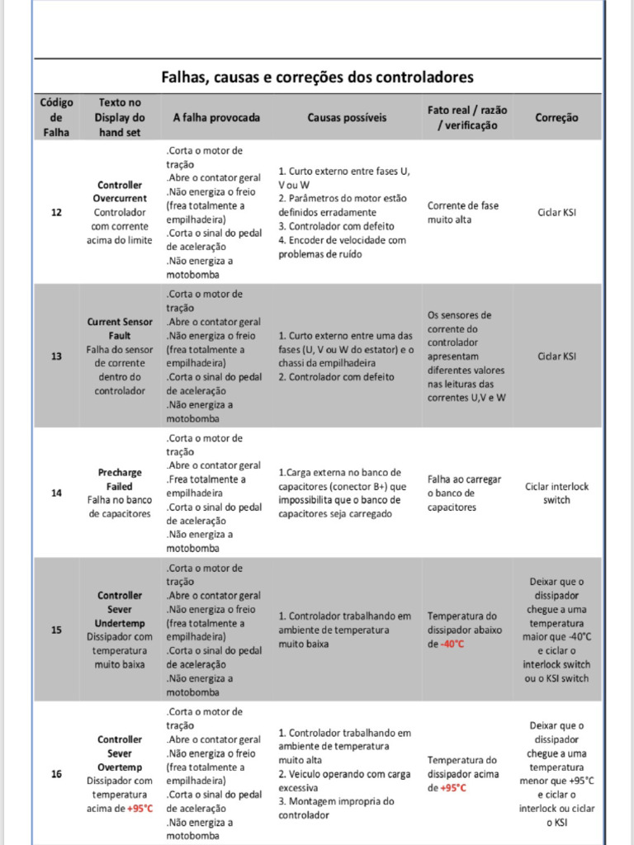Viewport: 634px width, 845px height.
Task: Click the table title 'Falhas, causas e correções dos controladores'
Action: point(317,78)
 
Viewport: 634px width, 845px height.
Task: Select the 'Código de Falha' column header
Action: point(56,117)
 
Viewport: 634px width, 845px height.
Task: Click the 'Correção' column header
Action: point(556,117)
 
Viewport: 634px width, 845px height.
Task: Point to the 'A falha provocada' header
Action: point(216,117)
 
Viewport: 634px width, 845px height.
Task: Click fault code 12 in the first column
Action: point(56,212)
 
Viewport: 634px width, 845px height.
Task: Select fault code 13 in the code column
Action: point(56,356)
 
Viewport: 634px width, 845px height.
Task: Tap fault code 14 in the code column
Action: point(56,493)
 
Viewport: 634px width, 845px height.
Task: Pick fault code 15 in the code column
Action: point(56,630)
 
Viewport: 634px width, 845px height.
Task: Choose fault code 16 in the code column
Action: point(56,774)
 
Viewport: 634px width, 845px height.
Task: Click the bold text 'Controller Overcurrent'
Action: point(120,191)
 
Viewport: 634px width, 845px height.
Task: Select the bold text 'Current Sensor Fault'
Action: point(120,328)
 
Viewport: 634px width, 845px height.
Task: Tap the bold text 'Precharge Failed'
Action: point(120,479)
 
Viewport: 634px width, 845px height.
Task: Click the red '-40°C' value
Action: point(452,644)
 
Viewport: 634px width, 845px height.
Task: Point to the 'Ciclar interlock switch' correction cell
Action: point(556,493)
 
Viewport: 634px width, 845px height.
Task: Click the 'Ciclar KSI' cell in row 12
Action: point(556,212)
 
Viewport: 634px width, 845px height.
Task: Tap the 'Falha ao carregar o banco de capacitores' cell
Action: point(464,493)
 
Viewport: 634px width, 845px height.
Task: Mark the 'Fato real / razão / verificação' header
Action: point(467,117)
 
